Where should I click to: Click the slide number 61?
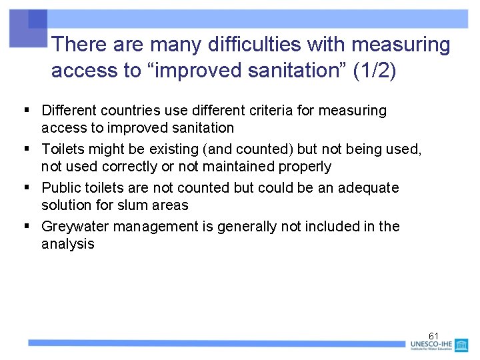433,335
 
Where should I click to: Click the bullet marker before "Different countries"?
27,110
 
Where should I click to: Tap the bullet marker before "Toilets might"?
27,149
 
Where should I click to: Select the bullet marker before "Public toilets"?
27,187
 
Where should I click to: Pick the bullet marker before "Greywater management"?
27,226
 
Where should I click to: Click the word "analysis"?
68,244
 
